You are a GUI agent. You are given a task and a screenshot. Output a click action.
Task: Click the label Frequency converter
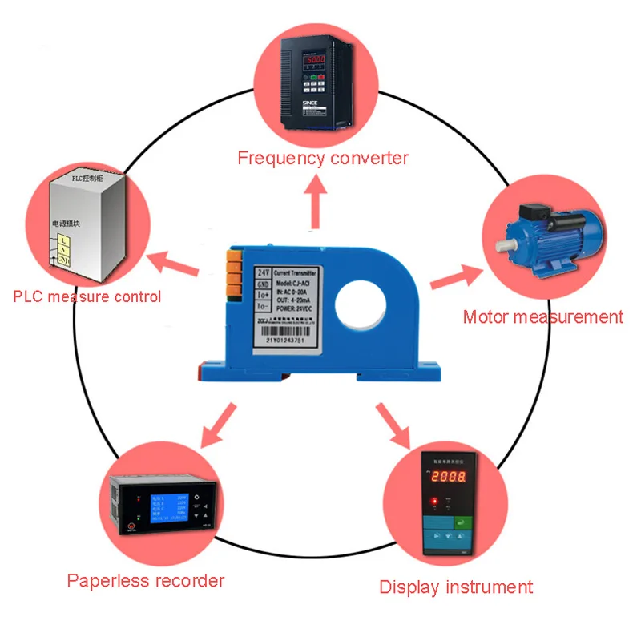[x=323, y=157]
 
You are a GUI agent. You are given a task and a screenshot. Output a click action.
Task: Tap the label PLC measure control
[x=87, y=296]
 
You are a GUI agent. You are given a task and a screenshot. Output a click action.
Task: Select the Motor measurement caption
[x=542, y=316]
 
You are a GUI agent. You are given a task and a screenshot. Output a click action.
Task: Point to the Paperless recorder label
[x=146, y=580]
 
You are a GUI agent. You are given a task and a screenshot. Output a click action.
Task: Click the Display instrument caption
[x=456, y=587]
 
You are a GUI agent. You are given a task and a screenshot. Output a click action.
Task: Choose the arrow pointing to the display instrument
[x=395, y=424]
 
